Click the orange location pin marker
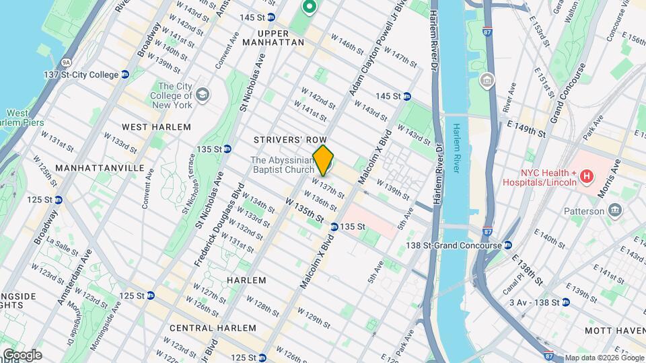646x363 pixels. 324,160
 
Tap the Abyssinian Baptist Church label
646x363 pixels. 282,165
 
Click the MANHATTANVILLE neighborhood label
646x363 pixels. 90,167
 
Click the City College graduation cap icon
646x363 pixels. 203,96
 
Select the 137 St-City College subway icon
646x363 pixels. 125,75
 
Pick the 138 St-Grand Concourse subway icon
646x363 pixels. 508,246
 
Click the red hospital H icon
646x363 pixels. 587,177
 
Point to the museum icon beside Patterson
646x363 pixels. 614,211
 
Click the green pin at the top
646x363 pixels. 309,7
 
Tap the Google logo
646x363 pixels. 22,354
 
